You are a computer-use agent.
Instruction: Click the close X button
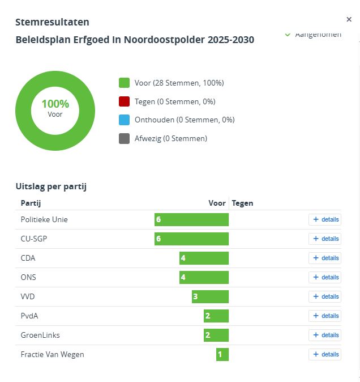[x=349, y=19]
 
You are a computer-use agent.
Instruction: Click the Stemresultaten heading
[x=52, y=22]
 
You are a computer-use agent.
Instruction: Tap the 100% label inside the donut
[x=55, y=104]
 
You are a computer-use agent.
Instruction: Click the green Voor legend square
[x=124, y=83]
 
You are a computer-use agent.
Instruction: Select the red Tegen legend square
[x=124, y=101]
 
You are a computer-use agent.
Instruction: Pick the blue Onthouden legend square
[x=124, y=120]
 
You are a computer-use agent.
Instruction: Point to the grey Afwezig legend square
[x=124, y=138]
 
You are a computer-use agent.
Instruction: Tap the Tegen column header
[x=243, y=203]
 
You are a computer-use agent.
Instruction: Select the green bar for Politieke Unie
[x=191, y=219]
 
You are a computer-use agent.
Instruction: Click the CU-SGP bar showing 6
[x=191, y=239]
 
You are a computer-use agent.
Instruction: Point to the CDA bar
[x=204, y=258]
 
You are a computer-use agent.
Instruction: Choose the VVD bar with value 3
[x=210, y=296]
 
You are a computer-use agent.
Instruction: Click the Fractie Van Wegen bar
[x=222, y=354]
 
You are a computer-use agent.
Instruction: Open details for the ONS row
[x=325, y=277]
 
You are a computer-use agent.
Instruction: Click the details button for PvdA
[x=325, y=316]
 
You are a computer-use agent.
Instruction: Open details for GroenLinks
[x=325, y=335]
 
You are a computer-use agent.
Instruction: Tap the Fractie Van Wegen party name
[x=52, y=354]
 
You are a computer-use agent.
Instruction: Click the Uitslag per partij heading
[x=51, y=186]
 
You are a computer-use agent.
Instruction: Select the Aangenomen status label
[x=318, y=35]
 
